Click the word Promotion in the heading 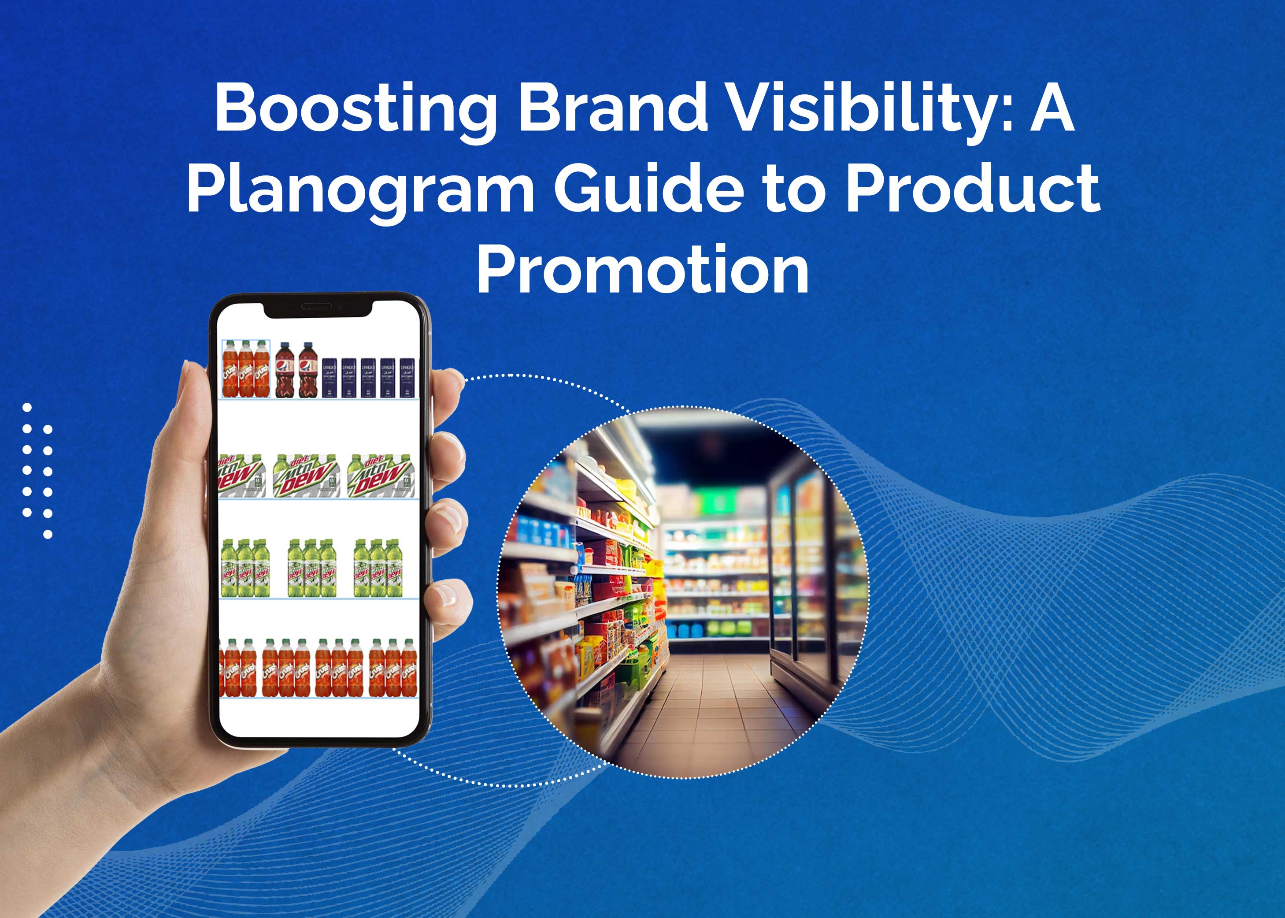pyautogui.click(x=642, y=270)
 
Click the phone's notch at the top pyautogui.click(x=318, y=308)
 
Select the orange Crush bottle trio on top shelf pyautogui.click(x=246, y=370)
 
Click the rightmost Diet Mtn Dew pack pyautogui.click(x=382, y=476)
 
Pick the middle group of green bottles pyautogui.click(x=312, y=569)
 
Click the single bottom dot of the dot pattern pyautogui.click(x=48, y=534)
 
